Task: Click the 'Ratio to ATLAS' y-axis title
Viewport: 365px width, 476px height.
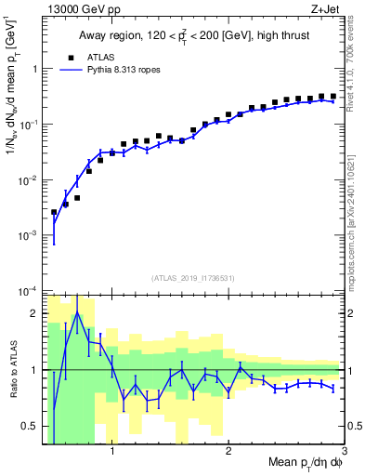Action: coord(13,369)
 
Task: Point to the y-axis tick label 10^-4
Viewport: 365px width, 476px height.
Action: coord(30,291)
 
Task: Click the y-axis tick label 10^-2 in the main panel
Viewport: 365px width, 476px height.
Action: coord(30,180)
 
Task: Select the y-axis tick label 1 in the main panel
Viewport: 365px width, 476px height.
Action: coord(37,70)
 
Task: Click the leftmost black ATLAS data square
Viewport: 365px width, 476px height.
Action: coord(54,213)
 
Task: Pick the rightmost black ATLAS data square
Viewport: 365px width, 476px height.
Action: coord(333,96)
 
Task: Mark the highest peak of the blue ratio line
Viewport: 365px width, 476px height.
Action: coord(77,313)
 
